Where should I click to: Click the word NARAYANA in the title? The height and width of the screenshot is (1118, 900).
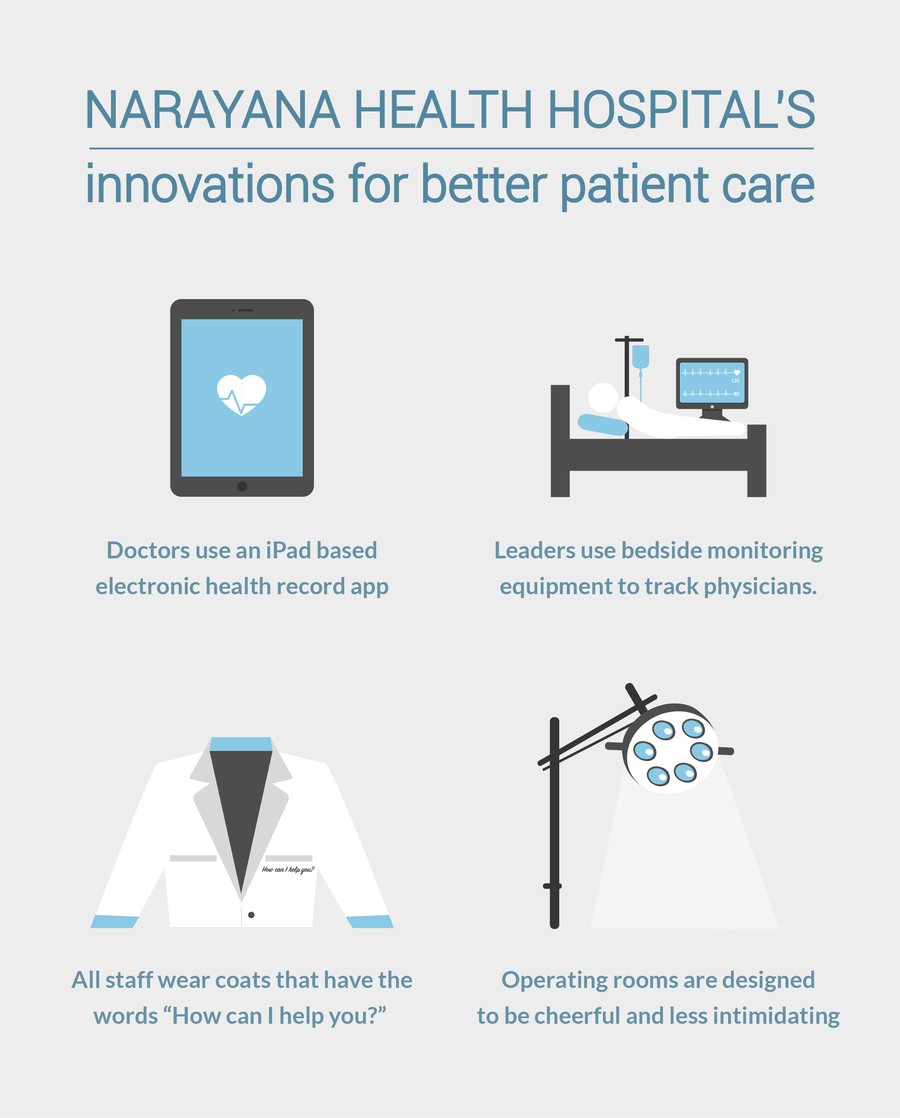[212, 109]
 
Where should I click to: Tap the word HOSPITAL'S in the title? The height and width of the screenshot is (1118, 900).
[681, 109]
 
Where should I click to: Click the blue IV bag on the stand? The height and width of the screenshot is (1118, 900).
[641, 357]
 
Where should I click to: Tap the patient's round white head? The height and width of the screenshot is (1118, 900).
[603, 398]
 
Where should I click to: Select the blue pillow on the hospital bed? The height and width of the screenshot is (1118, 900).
[602, 424]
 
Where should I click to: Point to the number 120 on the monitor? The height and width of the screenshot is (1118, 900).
[735, 381]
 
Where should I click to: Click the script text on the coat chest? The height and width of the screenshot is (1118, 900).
[288, 870]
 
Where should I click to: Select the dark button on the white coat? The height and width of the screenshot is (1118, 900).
[251, 914]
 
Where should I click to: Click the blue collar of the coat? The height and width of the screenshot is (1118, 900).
[241, 744]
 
